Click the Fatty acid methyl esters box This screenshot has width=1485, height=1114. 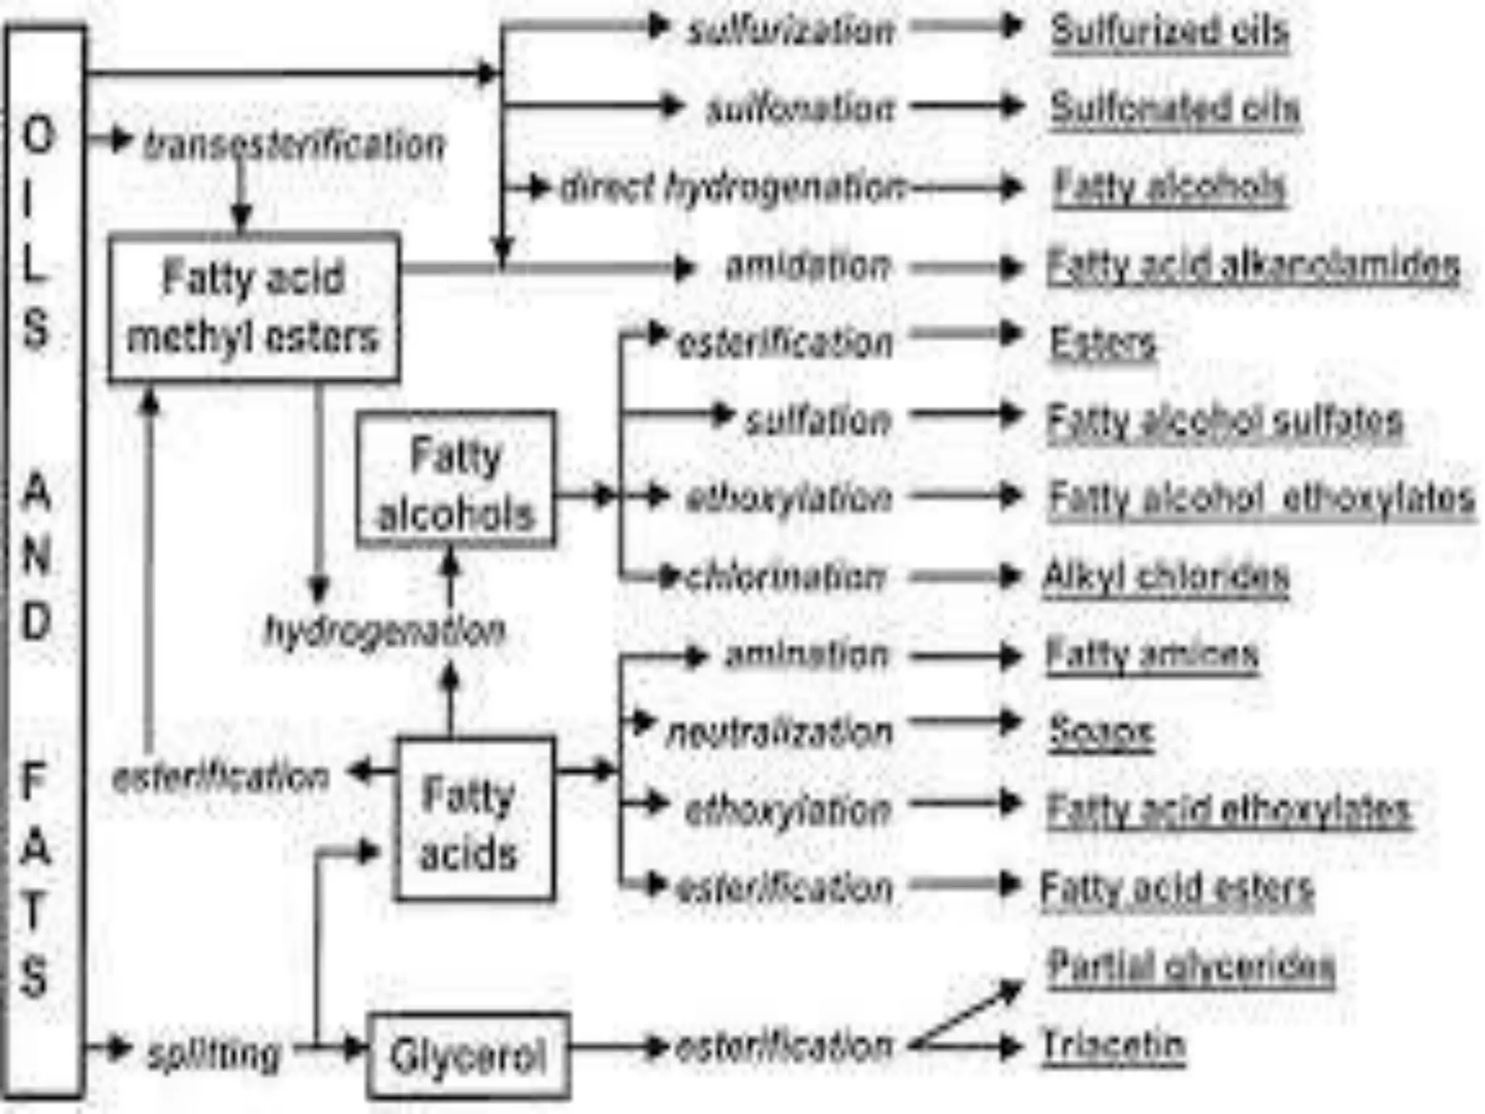(x=253, y=308)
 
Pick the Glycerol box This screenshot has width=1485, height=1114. (x=468, y=1055)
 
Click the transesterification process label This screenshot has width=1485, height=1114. (x=294, y=144)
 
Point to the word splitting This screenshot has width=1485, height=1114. (x=213, y=1054)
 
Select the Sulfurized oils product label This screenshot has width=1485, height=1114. (x=1169, y=31)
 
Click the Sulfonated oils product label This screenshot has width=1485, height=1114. (x=1175, y=109)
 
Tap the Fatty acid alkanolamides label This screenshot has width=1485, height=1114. (x=1253, y=265)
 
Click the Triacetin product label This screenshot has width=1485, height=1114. (x=1114, y=1045)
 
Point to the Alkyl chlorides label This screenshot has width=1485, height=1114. (x=1166, y=577)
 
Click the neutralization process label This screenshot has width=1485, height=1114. (x=779, y=733)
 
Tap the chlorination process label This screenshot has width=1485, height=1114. (x=785, y=577)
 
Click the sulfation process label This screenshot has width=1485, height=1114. (x=818, y=421)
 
